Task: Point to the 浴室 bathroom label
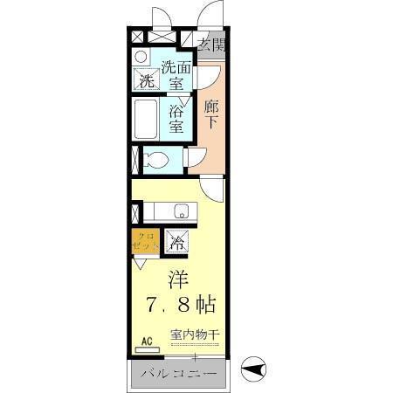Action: [177, 119]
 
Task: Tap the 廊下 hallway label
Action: [210, 114]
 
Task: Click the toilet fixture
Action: [157, 160]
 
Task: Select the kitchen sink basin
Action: [182, 210]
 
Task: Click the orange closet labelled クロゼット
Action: [145, 242]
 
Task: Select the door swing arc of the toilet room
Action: [194, 157]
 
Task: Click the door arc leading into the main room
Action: [211, 188]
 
